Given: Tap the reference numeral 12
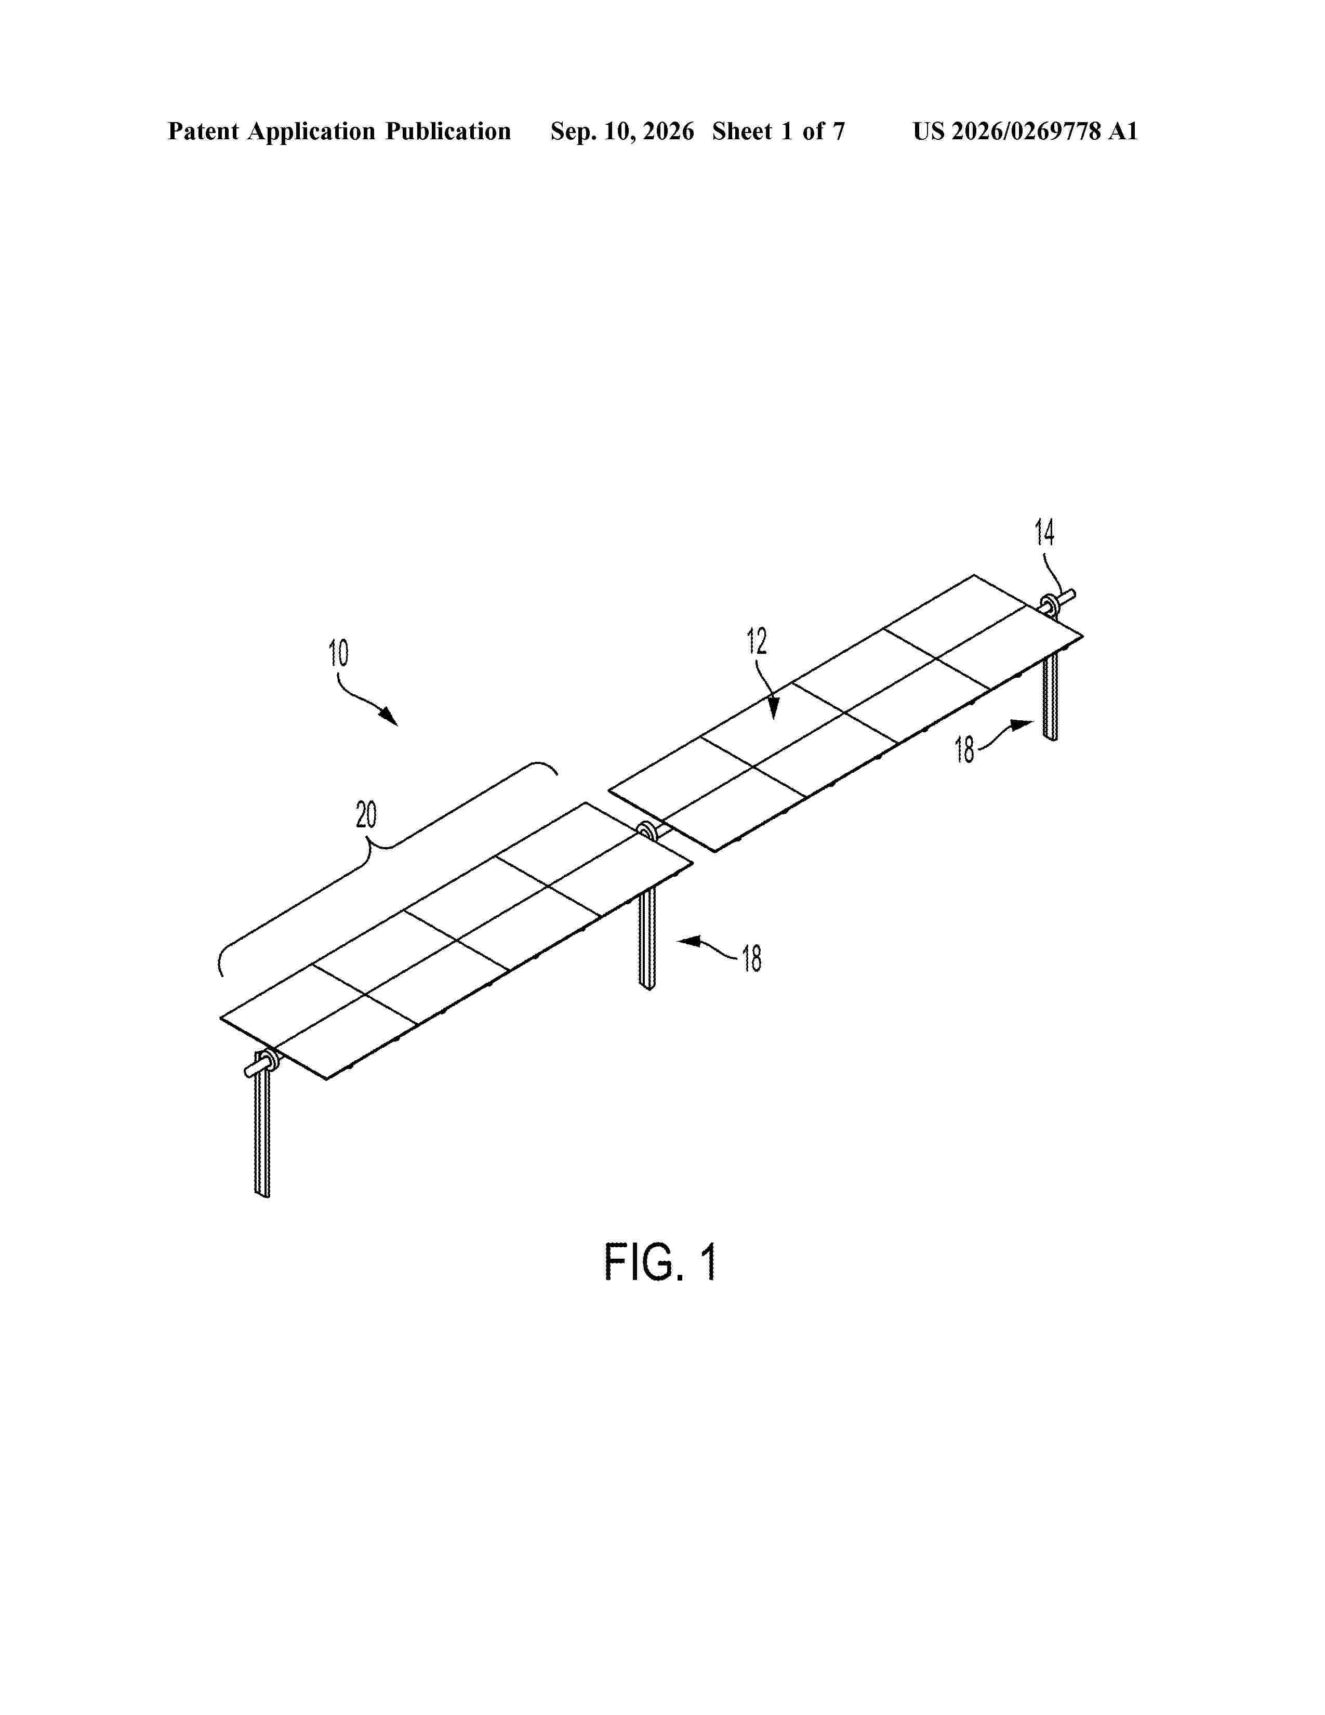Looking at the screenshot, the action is click(757, 641).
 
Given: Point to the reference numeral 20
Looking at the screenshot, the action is click(366, 815).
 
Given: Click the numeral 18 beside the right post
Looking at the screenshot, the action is click(965, 750).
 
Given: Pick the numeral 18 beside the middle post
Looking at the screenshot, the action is click(752, 959).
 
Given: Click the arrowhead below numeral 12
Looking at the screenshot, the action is click(774, 710).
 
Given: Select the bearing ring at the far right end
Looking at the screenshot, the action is click(1049, 605).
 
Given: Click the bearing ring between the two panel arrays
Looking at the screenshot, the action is click(647, 832).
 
